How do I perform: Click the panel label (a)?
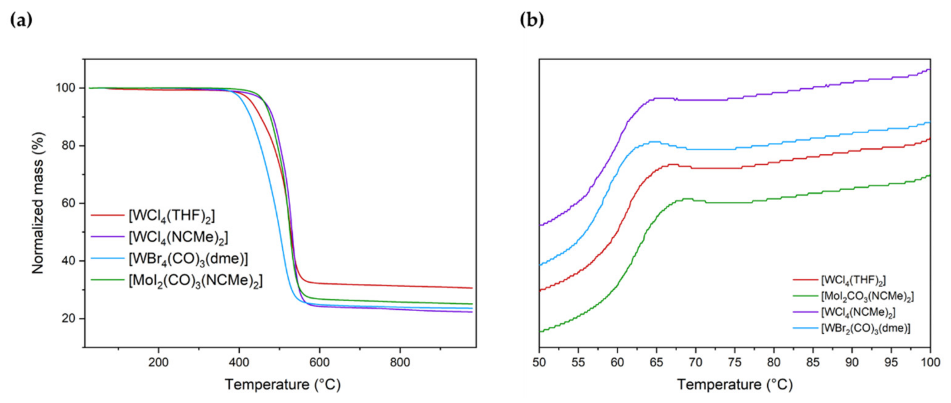21,20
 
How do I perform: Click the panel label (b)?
532,20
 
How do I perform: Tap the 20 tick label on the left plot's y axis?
68,318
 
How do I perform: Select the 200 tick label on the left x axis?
158,363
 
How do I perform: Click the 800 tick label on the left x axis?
400,363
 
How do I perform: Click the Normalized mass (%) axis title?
38,203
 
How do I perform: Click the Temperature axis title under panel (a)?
283,385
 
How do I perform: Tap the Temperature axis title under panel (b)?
735,385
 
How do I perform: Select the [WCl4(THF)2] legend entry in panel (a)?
172,216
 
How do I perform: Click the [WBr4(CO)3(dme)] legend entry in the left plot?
188,259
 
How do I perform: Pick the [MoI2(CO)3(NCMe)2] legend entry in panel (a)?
195,281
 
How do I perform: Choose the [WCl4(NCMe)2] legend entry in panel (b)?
858,312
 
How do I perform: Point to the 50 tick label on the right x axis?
539,363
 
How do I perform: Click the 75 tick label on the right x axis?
735,363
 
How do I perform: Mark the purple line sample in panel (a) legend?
107,236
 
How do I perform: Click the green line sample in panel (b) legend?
805,296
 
